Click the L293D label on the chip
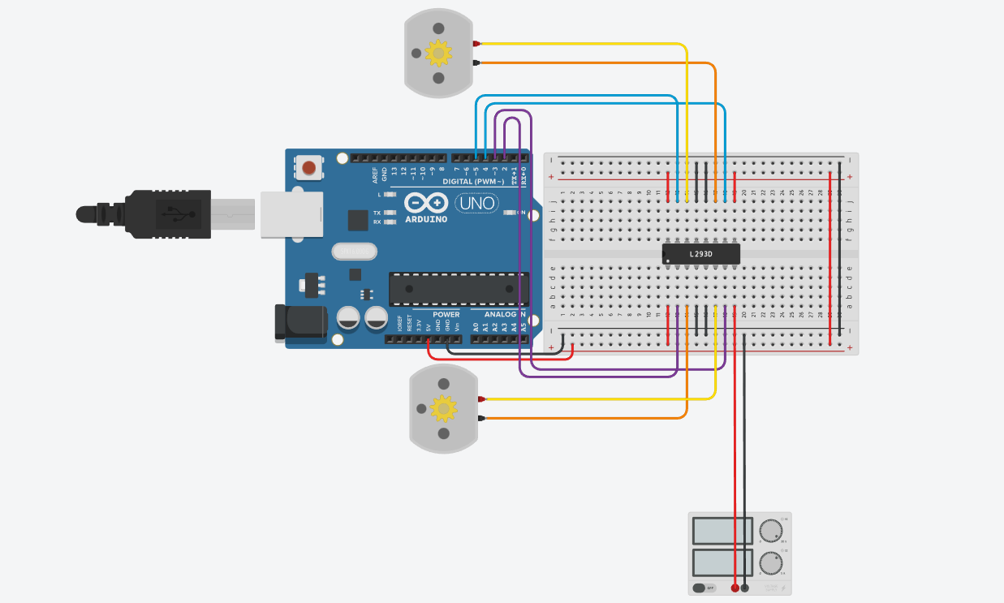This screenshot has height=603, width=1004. (700, 254)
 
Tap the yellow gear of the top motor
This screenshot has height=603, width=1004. (438, 53)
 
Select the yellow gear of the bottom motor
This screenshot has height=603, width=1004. (443, 408)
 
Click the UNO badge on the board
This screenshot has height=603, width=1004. (477, 203)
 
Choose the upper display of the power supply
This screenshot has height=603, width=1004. (722, 531)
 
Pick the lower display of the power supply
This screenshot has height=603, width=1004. (722, 562)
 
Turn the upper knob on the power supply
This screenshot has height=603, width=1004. (772, 532)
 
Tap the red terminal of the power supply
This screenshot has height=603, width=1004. (735, 587)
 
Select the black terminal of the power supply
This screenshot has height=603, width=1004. (745, 587)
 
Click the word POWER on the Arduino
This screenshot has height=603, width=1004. (446, 314)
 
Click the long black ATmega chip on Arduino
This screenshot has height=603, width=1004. (459, 289)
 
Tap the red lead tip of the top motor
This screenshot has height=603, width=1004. (477, 43)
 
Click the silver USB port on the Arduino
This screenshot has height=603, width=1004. (290, 214)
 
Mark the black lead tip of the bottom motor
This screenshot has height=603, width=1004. (482, 418)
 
